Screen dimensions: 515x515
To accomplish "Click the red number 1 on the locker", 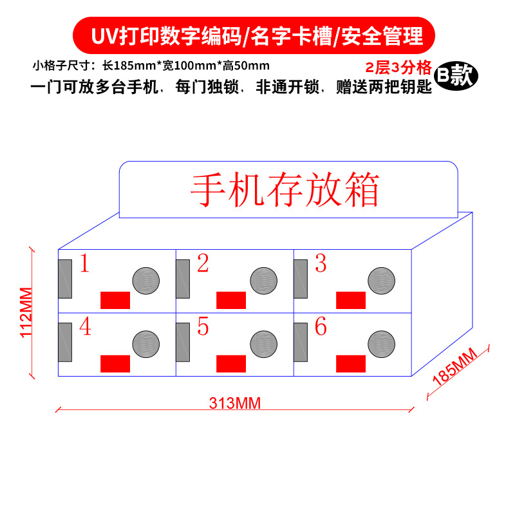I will [x=84, y=264].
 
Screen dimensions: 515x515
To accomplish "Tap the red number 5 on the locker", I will [x=203, y=327].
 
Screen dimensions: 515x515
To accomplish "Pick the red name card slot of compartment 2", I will [x=230, y=300].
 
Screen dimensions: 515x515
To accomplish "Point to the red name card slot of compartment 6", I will [x=350, y=363].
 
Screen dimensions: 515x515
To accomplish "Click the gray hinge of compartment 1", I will [x=65, y=279].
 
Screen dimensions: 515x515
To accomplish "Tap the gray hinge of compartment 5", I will [x=183, y=342].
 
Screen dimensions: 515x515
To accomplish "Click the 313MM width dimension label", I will [x=234, y=403].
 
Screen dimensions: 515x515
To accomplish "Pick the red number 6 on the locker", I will [x=321, y=327].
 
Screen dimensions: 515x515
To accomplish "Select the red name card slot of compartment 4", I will [x=115, y=363].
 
